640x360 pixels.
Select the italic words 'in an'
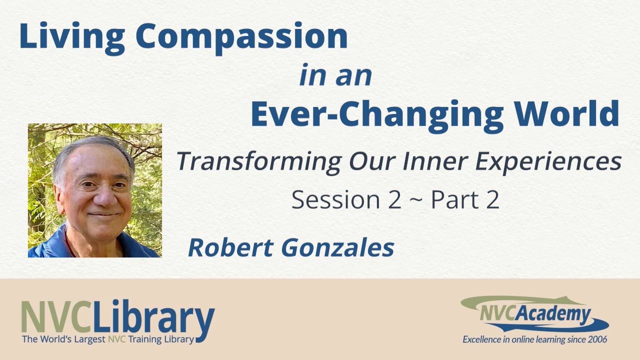[335, 75]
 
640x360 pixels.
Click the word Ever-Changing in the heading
[376, 113]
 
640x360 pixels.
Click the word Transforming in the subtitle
[259, 161]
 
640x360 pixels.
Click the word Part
[451, 200]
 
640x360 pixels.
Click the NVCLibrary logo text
[118, 318]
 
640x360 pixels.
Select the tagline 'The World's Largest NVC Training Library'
[107, 339]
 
